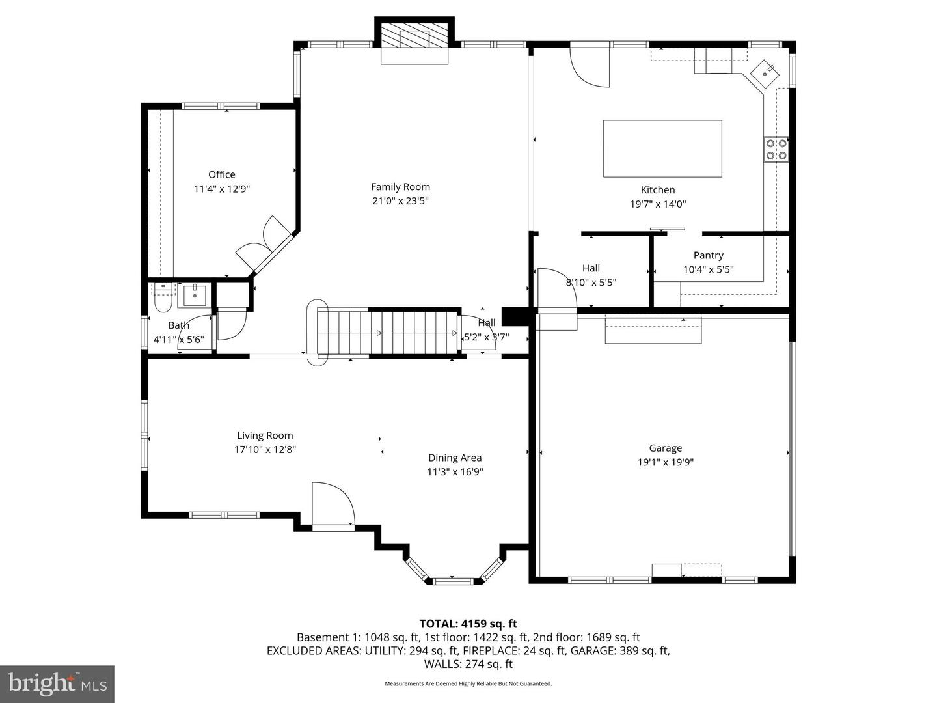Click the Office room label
pos(221,174)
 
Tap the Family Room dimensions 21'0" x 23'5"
pos(400,201)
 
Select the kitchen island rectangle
pos(662,148)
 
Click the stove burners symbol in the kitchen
pos(776,149)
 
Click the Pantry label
pos(708,255)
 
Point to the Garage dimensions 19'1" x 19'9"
pos(665,462)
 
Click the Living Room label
pos(265,435)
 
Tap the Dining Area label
pos(455,458)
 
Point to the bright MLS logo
pos(57,683)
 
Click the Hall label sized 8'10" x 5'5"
pos(591,268)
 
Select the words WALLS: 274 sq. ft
pos(468,664)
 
